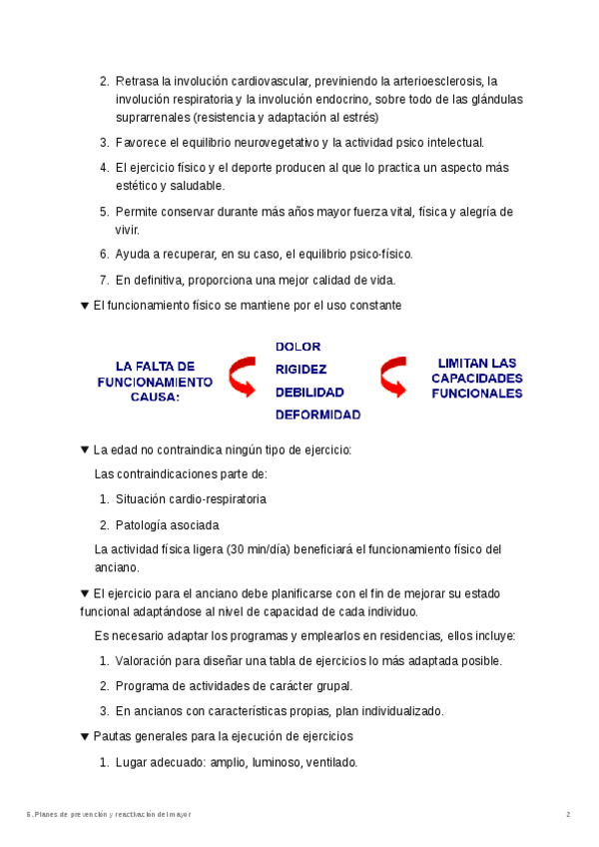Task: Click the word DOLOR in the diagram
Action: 298,348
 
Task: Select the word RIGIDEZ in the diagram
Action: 300,370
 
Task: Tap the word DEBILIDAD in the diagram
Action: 309,393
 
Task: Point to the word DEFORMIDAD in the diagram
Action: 317,416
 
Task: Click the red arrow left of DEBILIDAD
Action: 243,379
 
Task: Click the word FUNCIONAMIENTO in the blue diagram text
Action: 155,382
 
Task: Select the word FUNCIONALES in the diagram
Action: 476,394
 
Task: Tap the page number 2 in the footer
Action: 568,815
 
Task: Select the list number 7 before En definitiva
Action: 104,280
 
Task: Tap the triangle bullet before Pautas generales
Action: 84,737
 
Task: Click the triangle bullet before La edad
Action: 84,451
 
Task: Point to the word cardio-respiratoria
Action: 213,498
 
